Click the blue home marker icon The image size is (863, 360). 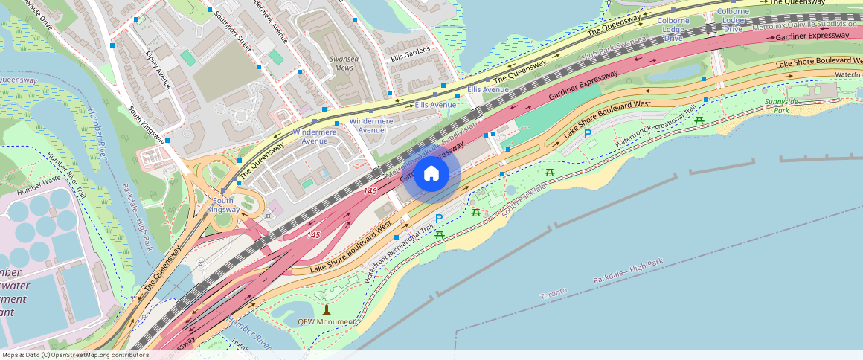pos(431,174)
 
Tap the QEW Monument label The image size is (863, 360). pos(325,321)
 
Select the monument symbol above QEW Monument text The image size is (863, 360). pos(326,309)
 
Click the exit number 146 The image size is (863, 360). pos(370,191)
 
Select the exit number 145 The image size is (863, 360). pos(312,234)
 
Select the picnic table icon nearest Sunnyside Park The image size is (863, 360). pos(699,120)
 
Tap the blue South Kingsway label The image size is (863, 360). pos(223,205)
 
